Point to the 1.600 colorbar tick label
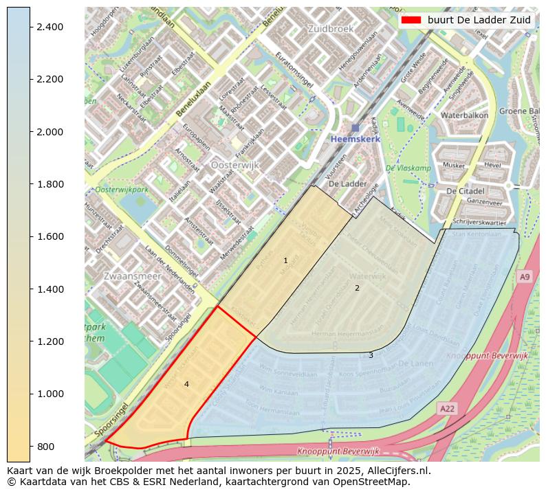[x=49, y=236]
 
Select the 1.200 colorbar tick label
[x=49, y=341]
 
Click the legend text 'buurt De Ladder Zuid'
[x=479, y=20]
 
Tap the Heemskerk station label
[x=355, y=139]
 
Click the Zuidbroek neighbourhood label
[x=330, y=30]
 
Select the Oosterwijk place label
[x=234, y=166]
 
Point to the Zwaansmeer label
[x=132, y=276]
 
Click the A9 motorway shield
[x=525, y=276]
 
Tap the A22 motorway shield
[x=447, y=409]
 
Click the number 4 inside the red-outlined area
[x=186, y=385]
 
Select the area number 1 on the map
[x=285, y=261]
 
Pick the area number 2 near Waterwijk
[x=357, y=288]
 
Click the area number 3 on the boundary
[x=371, y=355]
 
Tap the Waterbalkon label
[x=465, y=115]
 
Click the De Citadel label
[x=465, y=190]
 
